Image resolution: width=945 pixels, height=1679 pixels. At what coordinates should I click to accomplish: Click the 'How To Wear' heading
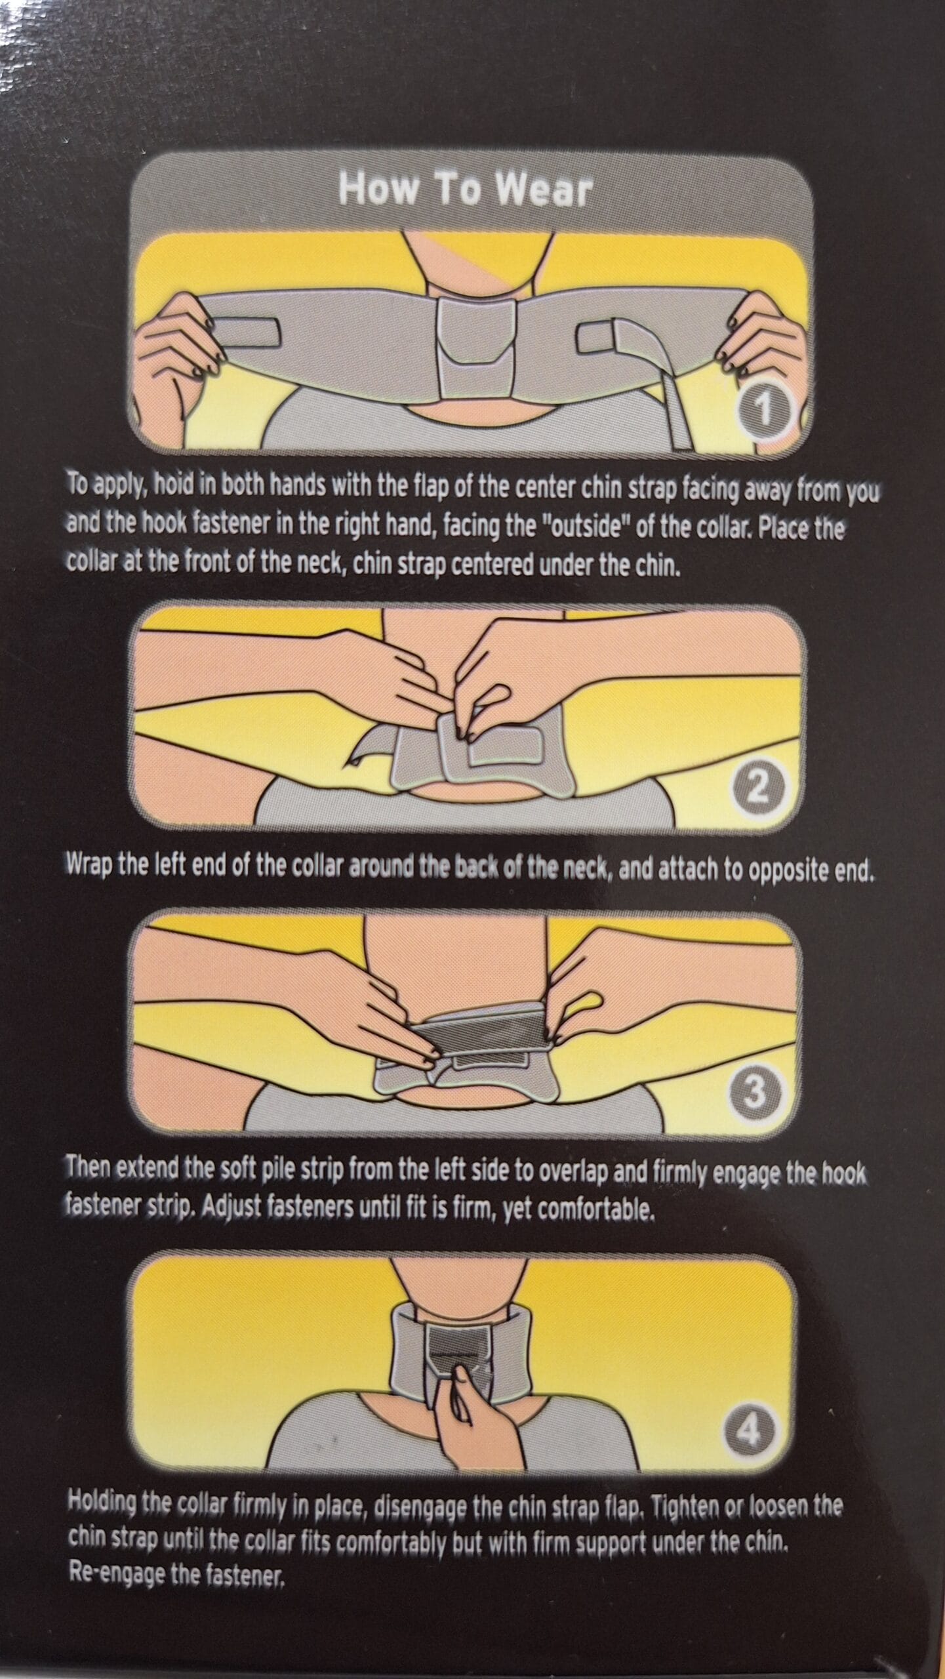point(465,190)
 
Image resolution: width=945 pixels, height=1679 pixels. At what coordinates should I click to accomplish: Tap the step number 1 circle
point(762,412)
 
